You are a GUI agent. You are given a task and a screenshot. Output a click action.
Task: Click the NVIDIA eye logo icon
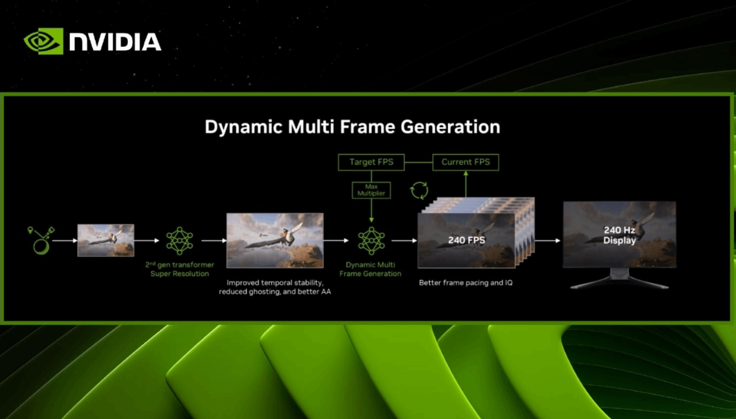(x=43, y=41)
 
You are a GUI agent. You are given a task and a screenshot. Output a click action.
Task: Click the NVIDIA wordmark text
(x=116, y=42)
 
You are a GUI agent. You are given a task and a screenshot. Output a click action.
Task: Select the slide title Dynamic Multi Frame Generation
(x=352, y=127)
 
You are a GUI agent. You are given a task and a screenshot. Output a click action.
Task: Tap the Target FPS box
(x=371, y=162)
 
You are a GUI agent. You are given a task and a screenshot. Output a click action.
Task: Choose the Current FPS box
(x=466, y=162)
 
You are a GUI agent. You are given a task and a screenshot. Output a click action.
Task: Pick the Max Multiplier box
(x=371, y=190)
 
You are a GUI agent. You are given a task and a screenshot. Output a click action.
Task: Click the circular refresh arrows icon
(x=419, y=190)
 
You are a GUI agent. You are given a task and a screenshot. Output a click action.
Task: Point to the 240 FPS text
(x=467, y=240)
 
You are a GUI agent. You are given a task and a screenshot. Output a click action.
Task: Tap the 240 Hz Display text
(x=620, y=235)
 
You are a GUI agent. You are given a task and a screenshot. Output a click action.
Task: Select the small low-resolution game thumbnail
(x=106, y=240)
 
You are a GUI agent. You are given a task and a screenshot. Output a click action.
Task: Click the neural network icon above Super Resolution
(x=180, y=241)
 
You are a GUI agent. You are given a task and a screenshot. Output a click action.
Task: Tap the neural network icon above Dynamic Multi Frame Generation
(x=371, y=241)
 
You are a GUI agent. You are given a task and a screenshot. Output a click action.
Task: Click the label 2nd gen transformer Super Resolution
(x=180, y=269)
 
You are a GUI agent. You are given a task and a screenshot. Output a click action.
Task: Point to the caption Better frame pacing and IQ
(x=466, y=283)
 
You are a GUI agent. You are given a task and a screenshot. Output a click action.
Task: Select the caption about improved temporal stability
(x=275, y=287)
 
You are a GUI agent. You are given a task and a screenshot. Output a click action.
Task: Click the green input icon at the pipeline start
(x=41, y=240)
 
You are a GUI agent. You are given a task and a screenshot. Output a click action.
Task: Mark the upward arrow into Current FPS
(x=466, y=184)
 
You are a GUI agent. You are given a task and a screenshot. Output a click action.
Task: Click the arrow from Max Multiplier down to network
(x=371, y=210)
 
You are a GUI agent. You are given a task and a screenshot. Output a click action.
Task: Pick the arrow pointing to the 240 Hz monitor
(x=548, y=241)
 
